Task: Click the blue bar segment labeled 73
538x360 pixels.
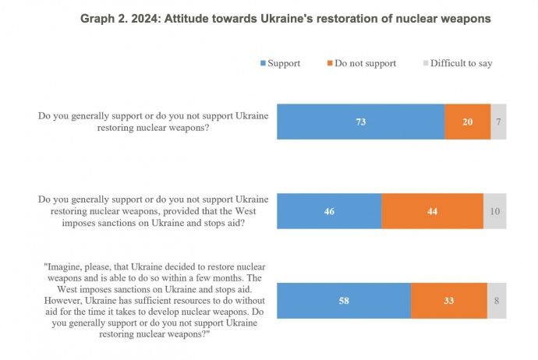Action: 360,122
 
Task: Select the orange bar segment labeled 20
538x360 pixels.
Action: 467,122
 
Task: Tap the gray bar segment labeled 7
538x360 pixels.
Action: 498,122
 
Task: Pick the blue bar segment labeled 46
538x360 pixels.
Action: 329,210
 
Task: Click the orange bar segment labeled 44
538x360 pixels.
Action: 432,210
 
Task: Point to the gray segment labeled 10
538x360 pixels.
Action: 494,210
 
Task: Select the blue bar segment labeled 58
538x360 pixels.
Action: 344,301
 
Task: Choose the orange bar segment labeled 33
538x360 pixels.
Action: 448,301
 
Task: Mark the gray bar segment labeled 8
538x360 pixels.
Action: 497,301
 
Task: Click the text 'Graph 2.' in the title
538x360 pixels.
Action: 103,19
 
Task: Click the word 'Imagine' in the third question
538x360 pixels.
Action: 73,265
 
